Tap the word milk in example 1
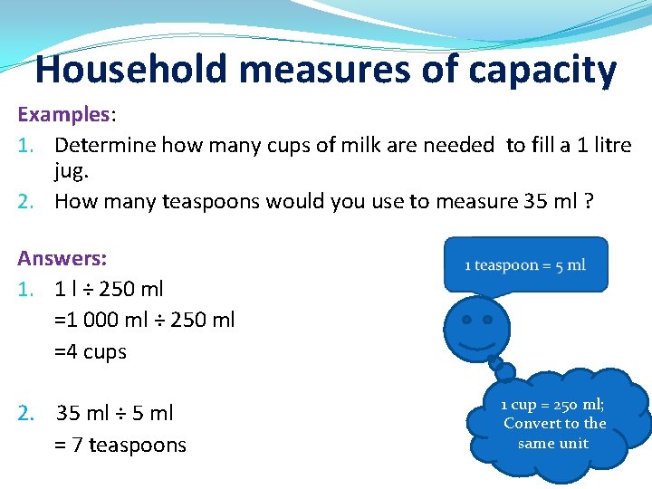(331, 145)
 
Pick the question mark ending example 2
(589, 201)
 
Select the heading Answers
(62, 259)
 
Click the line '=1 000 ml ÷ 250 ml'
(145, 320)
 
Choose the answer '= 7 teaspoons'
(120, 446)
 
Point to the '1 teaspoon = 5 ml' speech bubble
(525, 264)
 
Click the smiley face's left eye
(466, 320)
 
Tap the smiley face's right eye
(488, 320)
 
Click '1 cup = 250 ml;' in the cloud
(553, 404)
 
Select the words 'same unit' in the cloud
(553, 444)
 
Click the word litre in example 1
(609, 145)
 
